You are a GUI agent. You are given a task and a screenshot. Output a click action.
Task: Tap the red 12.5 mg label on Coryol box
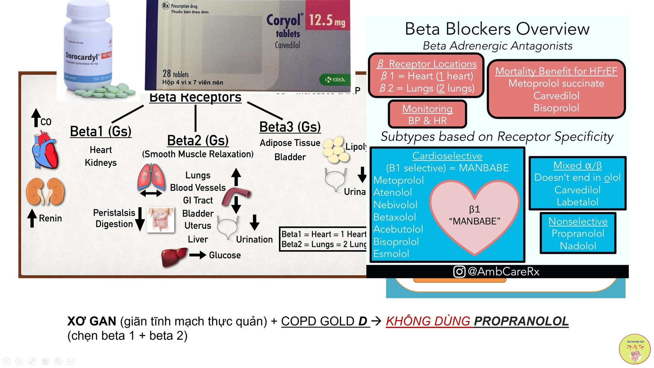[x=327, y=20]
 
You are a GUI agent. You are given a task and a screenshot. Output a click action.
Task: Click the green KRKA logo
[x=335, y=80]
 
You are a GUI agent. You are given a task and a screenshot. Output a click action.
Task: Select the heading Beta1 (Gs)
[x=101, y=131]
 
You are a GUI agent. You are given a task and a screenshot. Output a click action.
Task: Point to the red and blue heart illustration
[x=45, y=150]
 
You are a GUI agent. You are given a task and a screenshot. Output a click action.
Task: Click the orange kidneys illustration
[x=45, y=191]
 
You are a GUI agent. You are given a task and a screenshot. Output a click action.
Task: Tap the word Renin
[x=50, y=218]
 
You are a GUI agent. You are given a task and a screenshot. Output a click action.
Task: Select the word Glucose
[x=225, y=255]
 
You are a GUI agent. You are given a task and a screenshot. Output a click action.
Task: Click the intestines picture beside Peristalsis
[x=161, y=219]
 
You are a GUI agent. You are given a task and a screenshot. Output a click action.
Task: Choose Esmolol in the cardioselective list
[x=391, y=254]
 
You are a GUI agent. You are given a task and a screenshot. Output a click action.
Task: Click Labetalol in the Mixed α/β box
[x=577, y=202]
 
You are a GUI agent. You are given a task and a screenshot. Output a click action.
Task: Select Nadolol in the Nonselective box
[x=578, y=246]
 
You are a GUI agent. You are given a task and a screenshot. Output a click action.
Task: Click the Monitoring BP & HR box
[x=427, y=114]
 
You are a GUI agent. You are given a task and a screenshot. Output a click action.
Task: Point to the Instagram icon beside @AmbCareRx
[x=459, y=272]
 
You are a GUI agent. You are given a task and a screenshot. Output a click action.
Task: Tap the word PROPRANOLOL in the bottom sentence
[x=521, y=321]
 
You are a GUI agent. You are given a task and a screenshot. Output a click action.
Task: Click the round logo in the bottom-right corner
[x=635, y=349]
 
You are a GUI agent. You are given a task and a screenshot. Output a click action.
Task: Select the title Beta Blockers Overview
[x=497, y=29]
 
